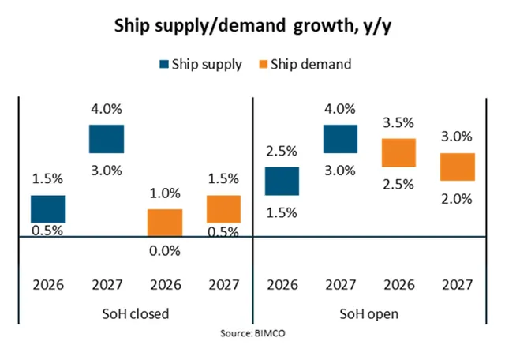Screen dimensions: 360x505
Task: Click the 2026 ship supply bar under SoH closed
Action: (48, 209)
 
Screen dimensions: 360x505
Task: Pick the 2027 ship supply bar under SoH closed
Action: (107, 138)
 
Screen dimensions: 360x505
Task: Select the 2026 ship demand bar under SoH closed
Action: (165, 223)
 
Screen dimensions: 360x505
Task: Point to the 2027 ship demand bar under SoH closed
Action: (223, 209)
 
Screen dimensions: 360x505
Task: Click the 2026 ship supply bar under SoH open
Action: (282, 181)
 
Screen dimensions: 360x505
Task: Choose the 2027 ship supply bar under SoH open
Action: (340, 138)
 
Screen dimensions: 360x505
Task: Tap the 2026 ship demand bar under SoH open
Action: (398, 152)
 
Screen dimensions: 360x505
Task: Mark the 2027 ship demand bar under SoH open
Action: (457, 167)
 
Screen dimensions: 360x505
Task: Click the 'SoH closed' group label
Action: (137, 313)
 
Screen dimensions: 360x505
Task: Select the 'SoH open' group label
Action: (369, 313)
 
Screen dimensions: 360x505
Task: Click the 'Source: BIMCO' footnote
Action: (252, 335)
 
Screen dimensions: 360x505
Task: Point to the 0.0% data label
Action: (165, 252)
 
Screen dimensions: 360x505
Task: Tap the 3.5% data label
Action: (398, 125)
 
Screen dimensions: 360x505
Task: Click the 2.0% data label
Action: (457, 199)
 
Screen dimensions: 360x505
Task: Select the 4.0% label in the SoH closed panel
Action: (107, 111)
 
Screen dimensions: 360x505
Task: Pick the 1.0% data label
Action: (165, 194)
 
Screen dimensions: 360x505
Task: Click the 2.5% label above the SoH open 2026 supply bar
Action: (282, 152)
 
